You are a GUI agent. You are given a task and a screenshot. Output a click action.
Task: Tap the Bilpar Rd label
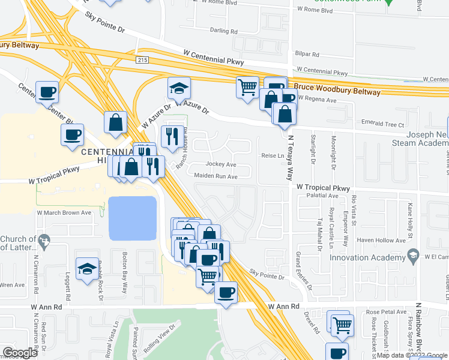(x=306, y=53)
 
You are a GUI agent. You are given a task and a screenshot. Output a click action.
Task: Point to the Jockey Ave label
(x=221, y=164)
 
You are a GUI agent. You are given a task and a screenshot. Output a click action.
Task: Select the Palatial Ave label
(x=322, y=196)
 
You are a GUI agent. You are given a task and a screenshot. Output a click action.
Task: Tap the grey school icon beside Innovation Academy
(x=413, y=257)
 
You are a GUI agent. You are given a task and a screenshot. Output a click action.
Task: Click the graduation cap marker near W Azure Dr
(x=179, y=88)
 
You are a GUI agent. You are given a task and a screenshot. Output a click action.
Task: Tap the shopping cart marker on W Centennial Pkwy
(x=247, y=88)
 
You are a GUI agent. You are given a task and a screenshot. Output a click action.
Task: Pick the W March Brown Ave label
(x=64, y=212)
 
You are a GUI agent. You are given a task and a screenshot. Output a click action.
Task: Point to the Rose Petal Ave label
(x=386, y=312)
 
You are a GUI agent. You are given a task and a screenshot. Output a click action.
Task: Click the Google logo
(x=20, y=353)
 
